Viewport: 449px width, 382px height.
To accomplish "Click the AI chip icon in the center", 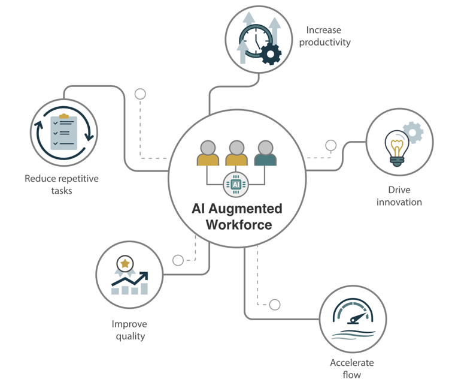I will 236,184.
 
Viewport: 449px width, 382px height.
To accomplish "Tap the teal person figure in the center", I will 265,155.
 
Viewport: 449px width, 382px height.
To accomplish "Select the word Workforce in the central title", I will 239,225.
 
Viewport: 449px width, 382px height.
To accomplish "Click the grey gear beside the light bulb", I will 412,131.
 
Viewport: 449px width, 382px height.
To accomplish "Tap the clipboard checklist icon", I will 63,131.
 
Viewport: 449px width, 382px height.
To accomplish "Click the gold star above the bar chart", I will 125,263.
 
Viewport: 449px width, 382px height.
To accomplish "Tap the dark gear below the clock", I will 271,55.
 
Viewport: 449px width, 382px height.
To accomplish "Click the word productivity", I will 324,42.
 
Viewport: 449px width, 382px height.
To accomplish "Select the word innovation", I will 399,202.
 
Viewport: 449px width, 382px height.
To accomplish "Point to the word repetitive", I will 77,179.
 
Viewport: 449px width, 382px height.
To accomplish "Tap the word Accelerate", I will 352,363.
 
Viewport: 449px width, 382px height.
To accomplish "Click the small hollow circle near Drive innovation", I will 331,145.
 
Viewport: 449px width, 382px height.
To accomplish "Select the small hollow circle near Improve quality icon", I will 178,260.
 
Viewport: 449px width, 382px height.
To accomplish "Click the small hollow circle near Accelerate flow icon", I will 275,305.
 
